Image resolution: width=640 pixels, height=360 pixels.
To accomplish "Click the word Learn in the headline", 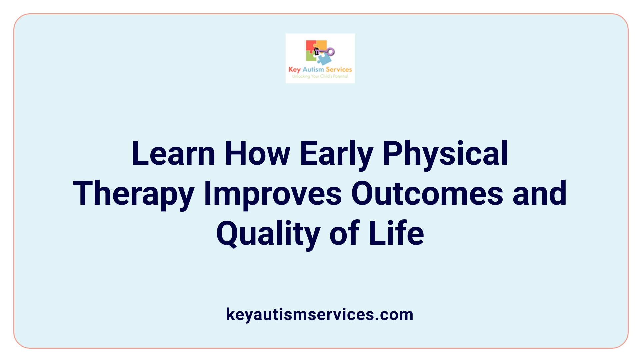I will [x=173, y=154].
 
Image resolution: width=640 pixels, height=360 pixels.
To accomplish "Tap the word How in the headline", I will [x=257, y=154].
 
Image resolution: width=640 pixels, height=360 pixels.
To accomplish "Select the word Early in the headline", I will [x=336, y=154].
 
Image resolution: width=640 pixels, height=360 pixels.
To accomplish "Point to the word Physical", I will [x=445, y=154].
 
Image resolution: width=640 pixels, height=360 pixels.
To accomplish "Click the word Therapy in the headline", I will [x=134, y=194].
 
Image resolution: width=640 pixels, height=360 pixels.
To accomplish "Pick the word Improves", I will [x=273, y=194].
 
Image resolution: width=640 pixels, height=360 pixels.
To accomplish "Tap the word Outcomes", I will [x=427, y=194].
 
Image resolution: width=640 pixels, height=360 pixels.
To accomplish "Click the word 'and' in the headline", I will [x=540, y=194].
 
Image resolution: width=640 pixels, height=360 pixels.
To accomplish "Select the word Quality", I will [x=268, y=234].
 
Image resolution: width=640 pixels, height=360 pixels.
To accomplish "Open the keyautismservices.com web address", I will [x=320, y=314].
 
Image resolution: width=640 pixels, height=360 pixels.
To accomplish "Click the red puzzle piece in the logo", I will [x=310, y=46].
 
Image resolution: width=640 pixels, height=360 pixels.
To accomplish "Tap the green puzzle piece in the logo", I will [x=311, y=57].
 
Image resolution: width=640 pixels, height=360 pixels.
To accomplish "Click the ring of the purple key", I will [x=330, y=52].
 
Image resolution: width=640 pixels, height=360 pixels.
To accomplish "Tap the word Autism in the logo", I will [x=313, y=70].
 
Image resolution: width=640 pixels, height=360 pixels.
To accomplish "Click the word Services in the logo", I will [x=339, y=70].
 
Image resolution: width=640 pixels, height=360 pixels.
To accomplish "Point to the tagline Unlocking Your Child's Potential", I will [x=320, y=76].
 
